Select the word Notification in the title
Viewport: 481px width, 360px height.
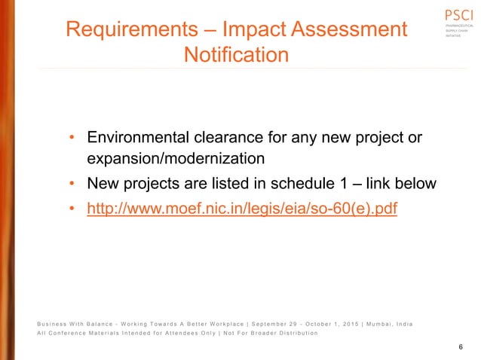(236, 55)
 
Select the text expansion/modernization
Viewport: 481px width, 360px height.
(176, 160)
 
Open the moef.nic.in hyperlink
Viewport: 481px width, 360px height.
(242, 209)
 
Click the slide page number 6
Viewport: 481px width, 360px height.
(460, 345)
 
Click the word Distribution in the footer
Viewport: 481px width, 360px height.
(293, 333)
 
